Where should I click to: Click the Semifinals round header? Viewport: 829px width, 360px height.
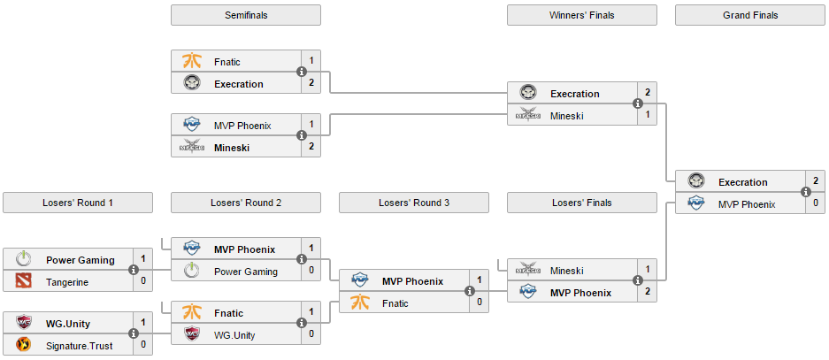(245, 15)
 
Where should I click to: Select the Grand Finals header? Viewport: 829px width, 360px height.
(749, 15)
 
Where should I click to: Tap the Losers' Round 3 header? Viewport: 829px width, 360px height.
(413, 203)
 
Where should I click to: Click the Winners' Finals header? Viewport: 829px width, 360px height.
(581, 15)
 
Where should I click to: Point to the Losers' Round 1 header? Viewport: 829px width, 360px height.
(77, 203)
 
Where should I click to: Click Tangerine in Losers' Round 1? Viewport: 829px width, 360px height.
(68, 281)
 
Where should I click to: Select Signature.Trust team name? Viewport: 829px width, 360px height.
(79, 346)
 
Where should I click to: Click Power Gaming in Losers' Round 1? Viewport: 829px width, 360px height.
(81, 260)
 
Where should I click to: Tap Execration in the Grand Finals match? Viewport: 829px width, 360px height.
(742, 182)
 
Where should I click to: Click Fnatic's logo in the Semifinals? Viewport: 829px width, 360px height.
(192, 62)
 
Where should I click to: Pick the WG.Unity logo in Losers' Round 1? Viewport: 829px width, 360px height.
(24, 324)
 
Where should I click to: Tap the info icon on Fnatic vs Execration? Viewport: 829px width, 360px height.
(302, 73)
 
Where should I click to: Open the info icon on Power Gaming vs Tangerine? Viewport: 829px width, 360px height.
(134, 271)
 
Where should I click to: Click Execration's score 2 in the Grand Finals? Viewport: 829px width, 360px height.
(816, 181)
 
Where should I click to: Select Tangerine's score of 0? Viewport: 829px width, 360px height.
(143, 281)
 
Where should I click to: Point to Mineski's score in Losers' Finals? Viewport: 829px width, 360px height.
(648, 270)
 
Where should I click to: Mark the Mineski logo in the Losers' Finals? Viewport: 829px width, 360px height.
(528, 271)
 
